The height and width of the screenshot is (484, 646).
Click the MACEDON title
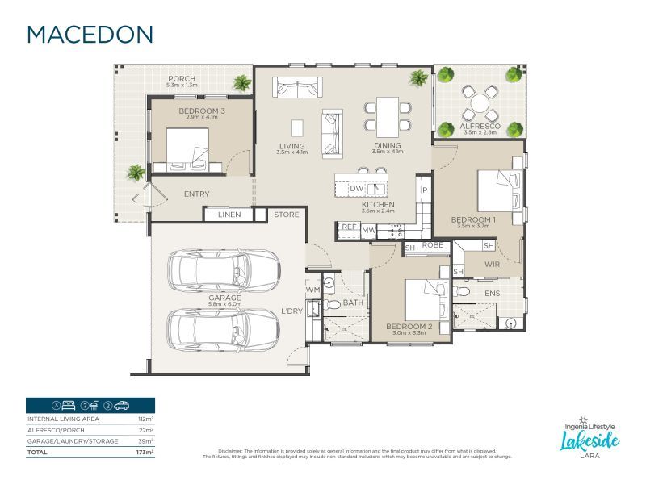(90, 34)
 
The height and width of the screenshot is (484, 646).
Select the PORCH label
(181, 79)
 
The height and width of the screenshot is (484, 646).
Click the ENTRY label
(196, 194)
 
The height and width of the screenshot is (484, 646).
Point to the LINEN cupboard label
(229, 215)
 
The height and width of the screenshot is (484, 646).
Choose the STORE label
(286, 215)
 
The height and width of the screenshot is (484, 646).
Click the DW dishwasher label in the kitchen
(356, 188)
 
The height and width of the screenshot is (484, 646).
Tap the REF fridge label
(349, 227)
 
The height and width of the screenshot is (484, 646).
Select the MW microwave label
(369, 231)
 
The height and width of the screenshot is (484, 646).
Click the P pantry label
(423, 190)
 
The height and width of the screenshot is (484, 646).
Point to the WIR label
(493, 264)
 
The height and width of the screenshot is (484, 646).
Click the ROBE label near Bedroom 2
(433, 244)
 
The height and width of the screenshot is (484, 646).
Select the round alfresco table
(480, 102)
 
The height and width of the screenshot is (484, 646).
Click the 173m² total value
(146, 453)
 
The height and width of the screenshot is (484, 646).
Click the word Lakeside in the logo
(590, 440)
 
